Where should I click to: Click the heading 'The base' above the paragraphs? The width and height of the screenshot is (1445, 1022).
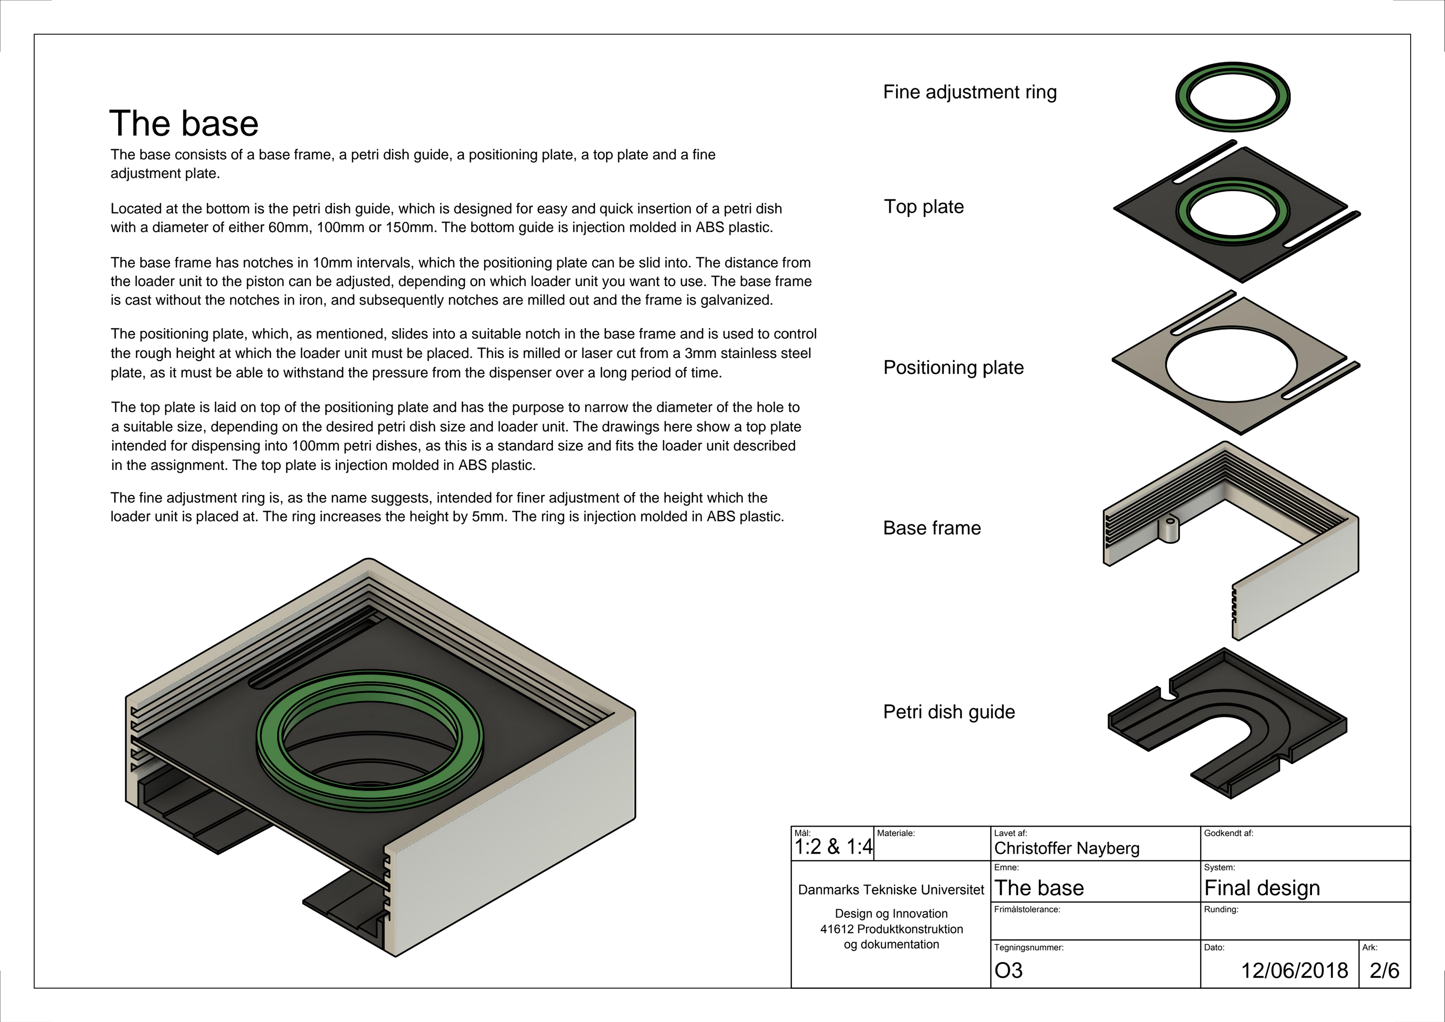(184, 123)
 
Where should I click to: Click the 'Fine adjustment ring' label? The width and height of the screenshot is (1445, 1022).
(969, 92)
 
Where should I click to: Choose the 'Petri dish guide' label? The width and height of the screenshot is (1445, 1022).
(948, 712)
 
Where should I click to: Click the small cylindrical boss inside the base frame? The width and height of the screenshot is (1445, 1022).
(1170, 530)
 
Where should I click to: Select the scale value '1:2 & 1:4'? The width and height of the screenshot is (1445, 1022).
(833, 847)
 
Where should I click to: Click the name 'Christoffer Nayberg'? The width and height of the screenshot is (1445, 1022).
(1066, 848)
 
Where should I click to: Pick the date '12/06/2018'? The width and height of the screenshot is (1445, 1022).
(1294, 971)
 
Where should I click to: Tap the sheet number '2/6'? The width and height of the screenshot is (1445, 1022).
(1384, 971)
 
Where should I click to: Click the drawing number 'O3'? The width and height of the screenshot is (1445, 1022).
(1008, 971)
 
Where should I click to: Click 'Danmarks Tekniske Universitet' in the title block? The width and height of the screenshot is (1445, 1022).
(891, 890)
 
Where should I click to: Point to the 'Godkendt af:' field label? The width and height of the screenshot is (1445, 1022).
(1228, 833)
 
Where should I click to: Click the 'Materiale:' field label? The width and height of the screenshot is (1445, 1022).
(895, 833)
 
